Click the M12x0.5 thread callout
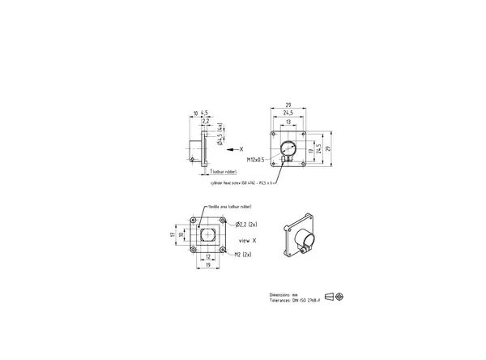255,161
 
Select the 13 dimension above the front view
289,121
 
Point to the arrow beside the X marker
232,150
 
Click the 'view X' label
249,242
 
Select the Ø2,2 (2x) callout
246,223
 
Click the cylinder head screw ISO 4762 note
241,184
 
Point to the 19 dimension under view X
208,264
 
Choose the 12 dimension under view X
208,256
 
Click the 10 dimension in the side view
195,113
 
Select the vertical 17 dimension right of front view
312,151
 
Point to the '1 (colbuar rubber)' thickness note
223,173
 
